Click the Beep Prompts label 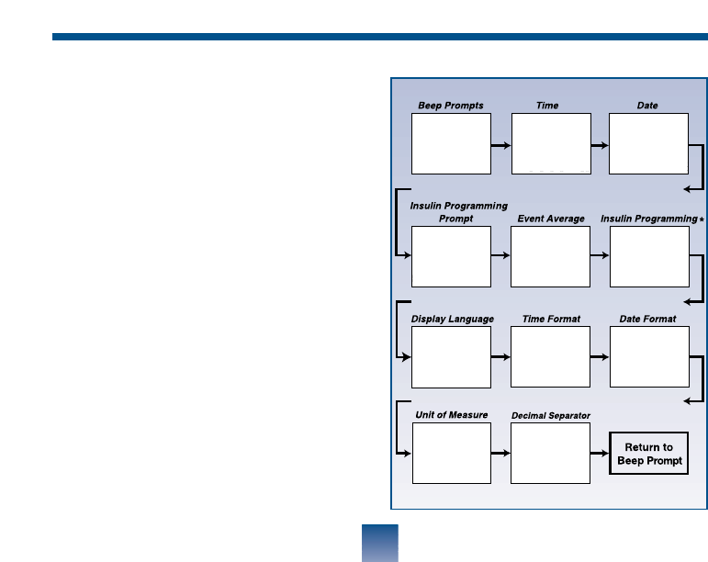(451, 106)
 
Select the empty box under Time (550, 143)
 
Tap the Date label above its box (647, 106)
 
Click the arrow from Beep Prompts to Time (500, 145)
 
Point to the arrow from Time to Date (599, 145)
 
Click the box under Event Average (550, 256)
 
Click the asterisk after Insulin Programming (702, 219)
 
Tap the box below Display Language (451, 357)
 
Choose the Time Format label (551, 319)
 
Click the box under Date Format (648, 357)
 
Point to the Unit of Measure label (450, 415)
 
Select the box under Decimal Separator (550, 454)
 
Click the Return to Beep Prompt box (648, 454)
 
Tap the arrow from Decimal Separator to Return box (599, 454)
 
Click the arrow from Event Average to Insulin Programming (599, 256)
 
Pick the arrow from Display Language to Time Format (500, 357)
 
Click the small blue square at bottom (380, 543)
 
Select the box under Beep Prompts (451, 143)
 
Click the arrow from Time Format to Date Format (599, 357)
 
